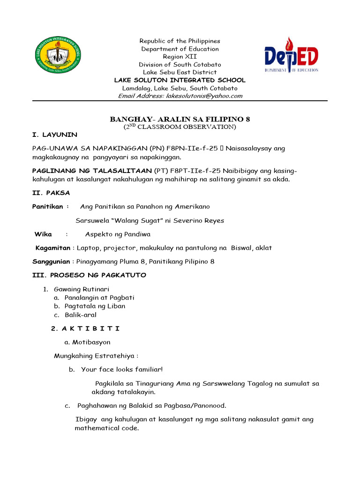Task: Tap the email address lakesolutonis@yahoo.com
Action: click(204, 96)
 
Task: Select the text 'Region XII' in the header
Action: click(180, 57)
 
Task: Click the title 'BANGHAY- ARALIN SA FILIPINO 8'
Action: click(180, 119)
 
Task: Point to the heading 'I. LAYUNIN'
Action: click(54, 135)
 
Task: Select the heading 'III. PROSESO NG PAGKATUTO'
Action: click(89, 275)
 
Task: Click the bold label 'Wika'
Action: click(43, 234)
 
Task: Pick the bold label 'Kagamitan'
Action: click(53, 248)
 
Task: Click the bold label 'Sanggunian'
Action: click(51, 262)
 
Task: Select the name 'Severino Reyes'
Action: click(201, 220)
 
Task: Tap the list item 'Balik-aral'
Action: click(81, 315)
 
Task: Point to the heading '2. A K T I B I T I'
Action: click(85, 329)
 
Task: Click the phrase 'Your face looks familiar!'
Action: click(122, 369)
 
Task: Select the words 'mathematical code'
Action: click(106, 428)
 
